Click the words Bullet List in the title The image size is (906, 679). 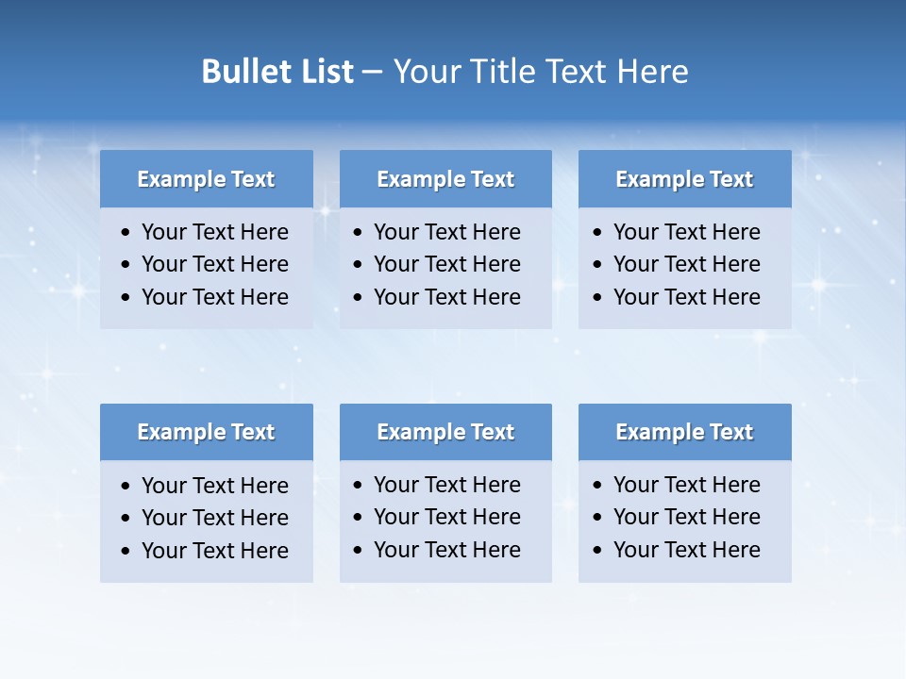pyautogui.click(x=277, y=72)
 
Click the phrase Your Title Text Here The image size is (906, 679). pyautogui.click(x=540, y=72)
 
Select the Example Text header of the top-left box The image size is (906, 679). pyautogui.click(x=206, y=179)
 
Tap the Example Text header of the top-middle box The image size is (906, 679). pyautogui.click(x=445, y=179)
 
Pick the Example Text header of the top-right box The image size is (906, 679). pyautogui.click(x=684, y=179)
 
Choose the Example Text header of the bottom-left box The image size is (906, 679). pyautogui.click(x=206, y=432)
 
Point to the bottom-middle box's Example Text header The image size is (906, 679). pyautogui.click(x=445, y=432)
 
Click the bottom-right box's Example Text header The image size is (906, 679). pyautogui.click(x=684, y=432)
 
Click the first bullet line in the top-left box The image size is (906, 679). pyautogui.click(x=214, y=232)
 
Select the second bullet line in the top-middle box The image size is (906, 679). pyautogui.click(x=446, y=264)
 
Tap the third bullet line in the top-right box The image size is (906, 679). pyautogui.click(x=686, y=297)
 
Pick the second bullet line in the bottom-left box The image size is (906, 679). pyautogui.click(x=214, y=518)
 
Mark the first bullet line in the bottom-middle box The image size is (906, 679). pyautogui.click(x=446, y=485)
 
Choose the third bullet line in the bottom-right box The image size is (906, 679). pyautogui.click(x=686, y=550)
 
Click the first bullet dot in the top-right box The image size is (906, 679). pyautogui.click(x=598, y=233)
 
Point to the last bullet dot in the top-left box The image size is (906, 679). pyautogui.click(x=126, y=298)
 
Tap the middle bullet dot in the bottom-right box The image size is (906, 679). pyautogui.click(x=598, y=518)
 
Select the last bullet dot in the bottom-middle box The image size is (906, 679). pyautogui.click(x=359, y=551)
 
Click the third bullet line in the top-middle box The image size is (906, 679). pyautogui.click(x=446, y=297)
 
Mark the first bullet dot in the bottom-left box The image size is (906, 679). pyautogui.click(x=126, y=487)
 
